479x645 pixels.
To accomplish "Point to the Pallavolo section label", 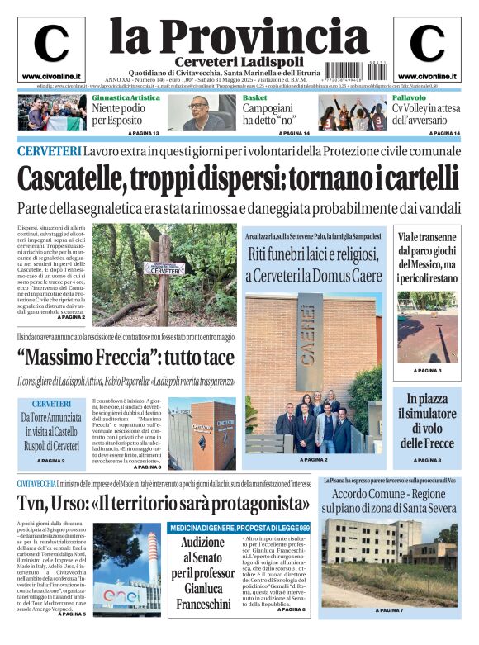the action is tap(410, 97).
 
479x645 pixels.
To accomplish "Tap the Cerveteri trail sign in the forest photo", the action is tap(164, 269).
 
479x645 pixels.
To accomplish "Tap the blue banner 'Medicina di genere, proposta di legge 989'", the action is tap(239, 529).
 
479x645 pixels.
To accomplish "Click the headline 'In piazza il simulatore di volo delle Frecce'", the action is tap(427, 421).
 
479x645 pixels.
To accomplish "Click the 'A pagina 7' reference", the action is tap(388, 609).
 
